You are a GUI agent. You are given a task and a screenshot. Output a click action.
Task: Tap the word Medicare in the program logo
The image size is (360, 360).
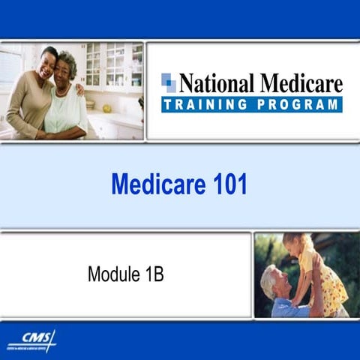tap(299, 82)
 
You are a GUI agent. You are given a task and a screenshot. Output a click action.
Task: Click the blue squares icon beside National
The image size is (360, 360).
tap(169, 82)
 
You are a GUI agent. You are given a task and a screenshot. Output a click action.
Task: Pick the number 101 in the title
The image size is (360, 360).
tap(228, 184)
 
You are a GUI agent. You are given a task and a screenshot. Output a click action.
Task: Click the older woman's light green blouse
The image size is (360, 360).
tap(66, 109)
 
